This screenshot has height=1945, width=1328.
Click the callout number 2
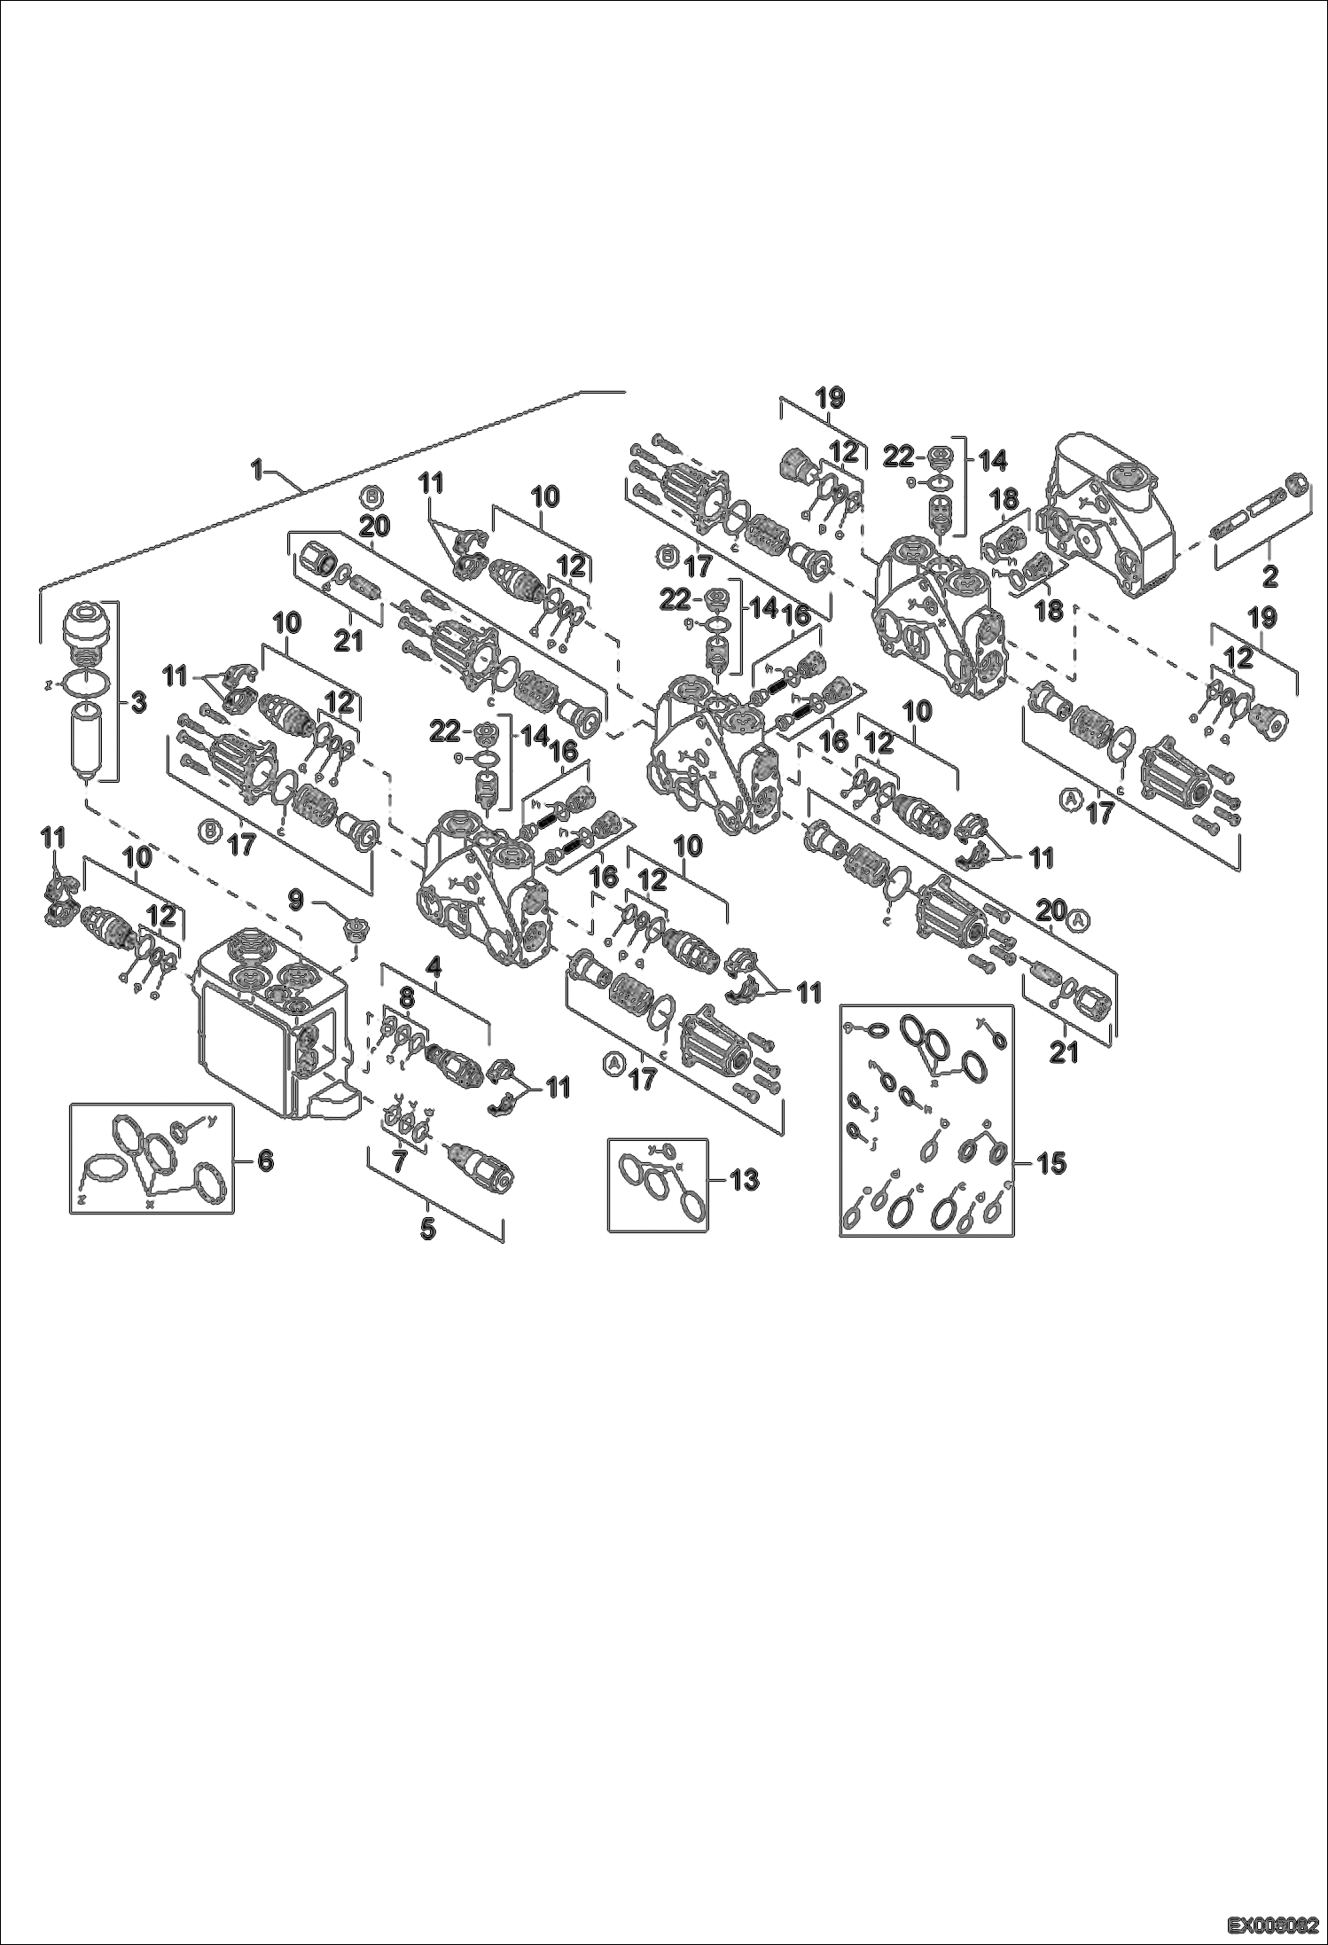point(1269,577)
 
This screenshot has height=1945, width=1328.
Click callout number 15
point(1052,1162)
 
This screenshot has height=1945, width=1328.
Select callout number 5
point(428,1230)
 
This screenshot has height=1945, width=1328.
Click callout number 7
point(399,1162)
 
